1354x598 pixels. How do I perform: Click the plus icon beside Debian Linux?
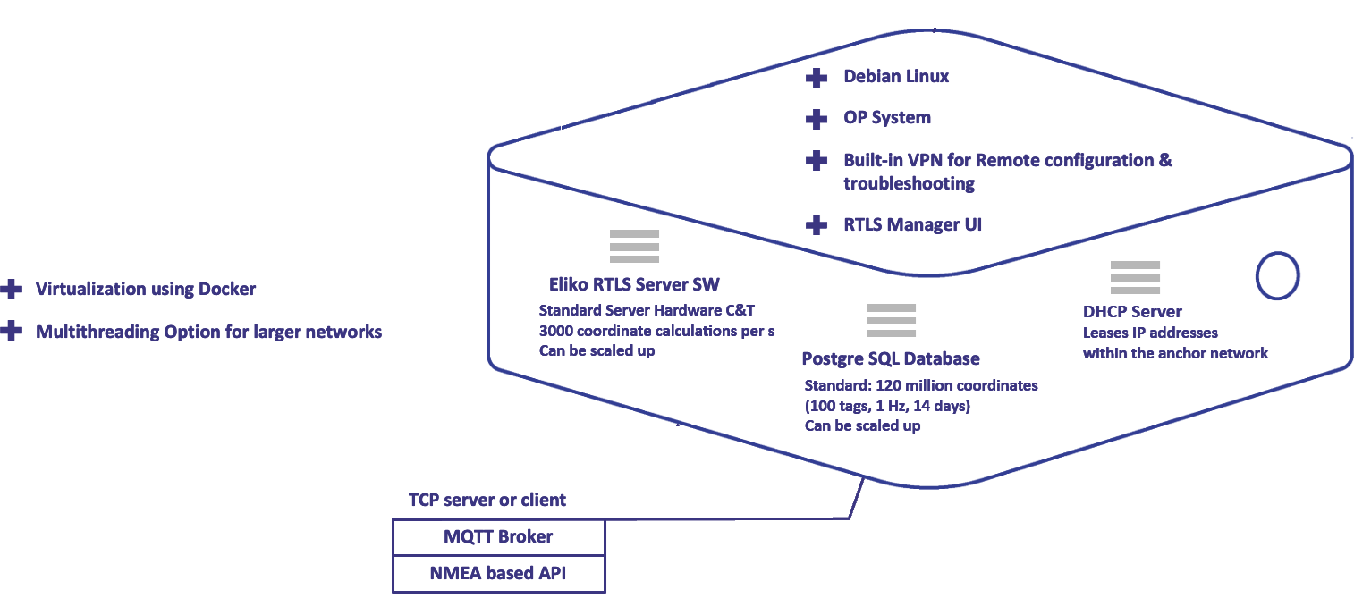(x=816, y=78)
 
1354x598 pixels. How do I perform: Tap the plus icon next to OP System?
(x=816, y=118)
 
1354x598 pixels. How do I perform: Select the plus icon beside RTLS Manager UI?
(x=816, y=224)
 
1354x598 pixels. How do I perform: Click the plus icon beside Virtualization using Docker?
(x=11, y=289)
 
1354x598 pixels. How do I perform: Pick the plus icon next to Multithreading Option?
(x=11, y=331)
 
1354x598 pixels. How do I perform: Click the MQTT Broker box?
(x=499, y=537)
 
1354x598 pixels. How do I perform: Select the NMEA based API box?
(x=499, y=573)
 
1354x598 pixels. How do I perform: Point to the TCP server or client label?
(x=487, y=500)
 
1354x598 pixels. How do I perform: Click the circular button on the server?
(x=1277, y=275)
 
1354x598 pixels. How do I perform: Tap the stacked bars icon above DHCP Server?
(x=1135, y=278)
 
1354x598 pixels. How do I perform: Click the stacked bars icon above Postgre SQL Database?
(x=891, y=320)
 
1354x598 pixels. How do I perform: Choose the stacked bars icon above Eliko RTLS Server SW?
(x=634, y=246)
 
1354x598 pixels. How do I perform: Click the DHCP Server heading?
(x=1132, y=312)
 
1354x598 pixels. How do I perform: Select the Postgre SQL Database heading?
(x=891, y=358)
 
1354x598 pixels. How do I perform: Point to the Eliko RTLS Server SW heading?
(x=634, y=284)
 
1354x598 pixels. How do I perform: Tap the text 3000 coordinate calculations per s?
(x=656, y=331)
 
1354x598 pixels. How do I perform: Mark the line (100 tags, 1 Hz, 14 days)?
(x=887, y=405)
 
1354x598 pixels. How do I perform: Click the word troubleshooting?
(x=909, y=183)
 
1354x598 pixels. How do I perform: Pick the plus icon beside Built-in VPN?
(x=816, y=161)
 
